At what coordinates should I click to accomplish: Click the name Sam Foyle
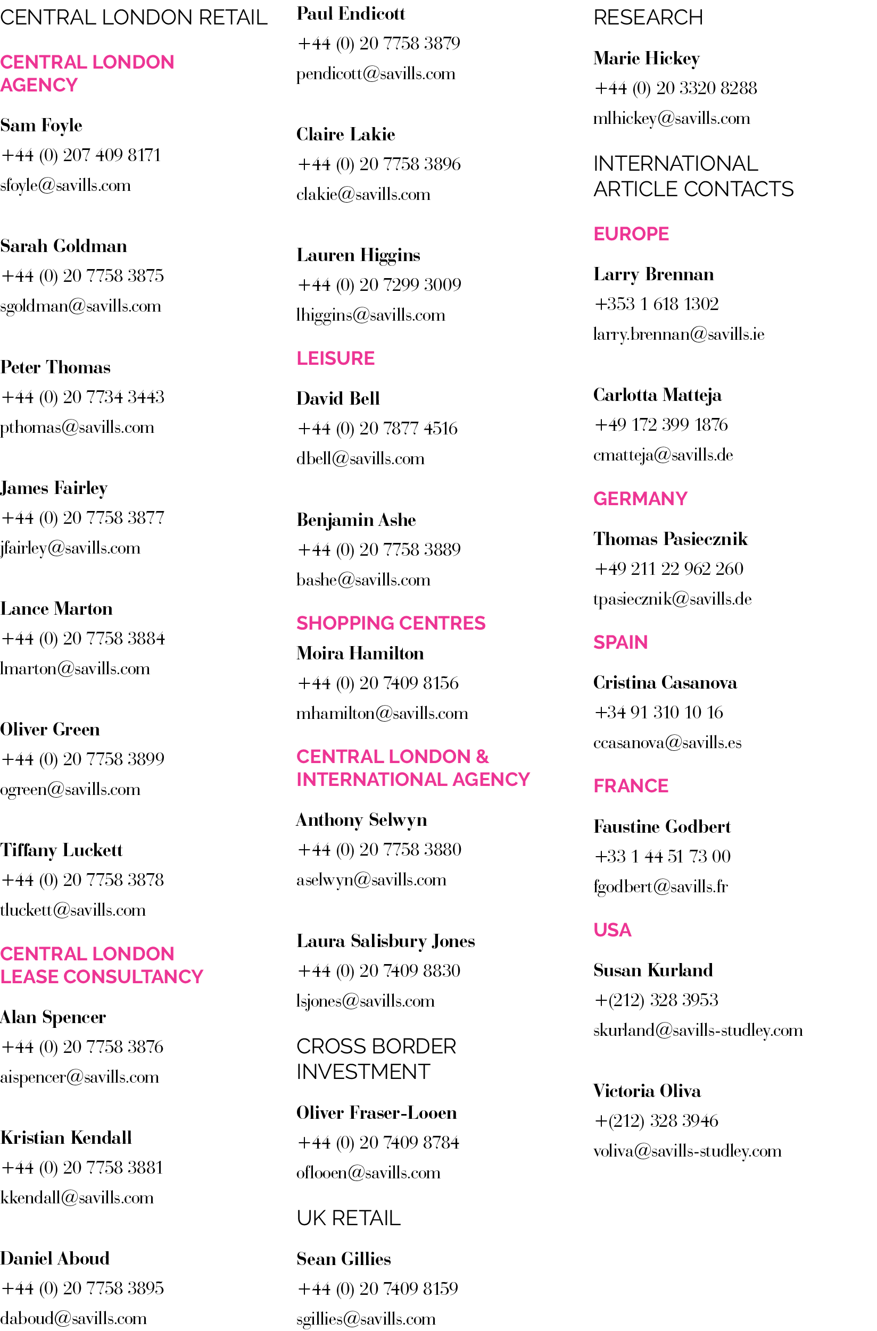[42, 125]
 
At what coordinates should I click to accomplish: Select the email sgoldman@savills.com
[80, 306]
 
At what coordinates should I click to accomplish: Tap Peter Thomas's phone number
[83, 397]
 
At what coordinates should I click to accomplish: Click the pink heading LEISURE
[335, 358]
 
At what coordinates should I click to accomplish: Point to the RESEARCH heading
[648, 18]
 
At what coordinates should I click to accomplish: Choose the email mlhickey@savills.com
[671, 118]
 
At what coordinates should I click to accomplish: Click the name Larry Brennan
[653, 274]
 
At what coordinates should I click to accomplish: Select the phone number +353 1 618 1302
[656, 304]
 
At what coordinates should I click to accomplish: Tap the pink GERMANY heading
[640, 498]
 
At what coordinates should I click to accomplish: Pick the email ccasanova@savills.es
[667, 742]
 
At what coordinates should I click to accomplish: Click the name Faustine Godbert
[661, 826]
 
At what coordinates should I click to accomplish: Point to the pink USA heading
[613, 930]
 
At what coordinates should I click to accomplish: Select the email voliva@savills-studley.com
[686, 1151]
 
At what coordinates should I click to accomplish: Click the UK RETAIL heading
[348, 1218]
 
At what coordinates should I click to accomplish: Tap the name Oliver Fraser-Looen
[376, 1113]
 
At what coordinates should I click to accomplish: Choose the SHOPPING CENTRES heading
[391, 623]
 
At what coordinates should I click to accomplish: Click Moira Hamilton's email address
[382, 713]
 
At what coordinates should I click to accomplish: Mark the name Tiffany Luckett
[61, 850]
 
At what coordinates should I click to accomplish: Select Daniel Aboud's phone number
[83, 1288]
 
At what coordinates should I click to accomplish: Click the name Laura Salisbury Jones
[385, 941]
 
